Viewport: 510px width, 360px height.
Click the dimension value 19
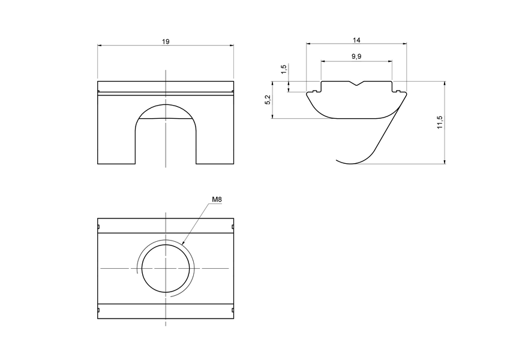[x=166, y=41]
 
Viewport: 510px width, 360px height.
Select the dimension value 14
[x=356, y=40]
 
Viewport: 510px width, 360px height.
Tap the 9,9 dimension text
[x=356, y=56]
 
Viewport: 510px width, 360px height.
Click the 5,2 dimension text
[x=268, y=100]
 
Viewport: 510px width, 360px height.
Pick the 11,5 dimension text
[x=439, y=122]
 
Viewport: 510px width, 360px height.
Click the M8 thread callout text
[x=217, y=199]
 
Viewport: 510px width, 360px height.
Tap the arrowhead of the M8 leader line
[x=182, y=244]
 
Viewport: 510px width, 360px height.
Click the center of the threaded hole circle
[x=166, y=268]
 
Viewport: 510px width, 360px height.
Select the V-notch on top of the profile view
[x=356, y=84]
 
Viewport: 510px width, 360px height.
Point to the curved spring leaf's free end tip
[x=337, y=160]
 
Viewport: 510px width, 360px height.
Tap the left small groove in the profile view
[x=314, y=91]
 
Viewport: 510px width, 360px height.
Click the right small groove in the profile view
[x=398, y=91]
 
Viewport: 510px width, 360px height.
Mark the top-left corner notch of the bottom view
[x=98, y=227]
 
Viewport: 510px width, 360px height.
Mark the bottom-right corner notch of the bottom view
[x=232, y=310]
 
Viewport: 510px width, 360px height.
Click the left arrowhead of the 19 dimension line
[x=100, y=46]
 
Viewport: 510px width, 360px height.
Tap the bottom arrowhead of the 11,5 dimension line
[x=445, y=161]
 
